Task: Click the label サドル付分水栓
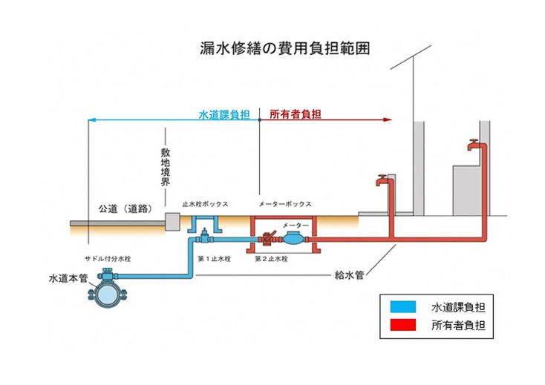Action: point(107,259)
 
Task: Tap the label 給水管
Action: point(348,274)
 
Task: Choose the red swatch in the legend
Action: point(401,325)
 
